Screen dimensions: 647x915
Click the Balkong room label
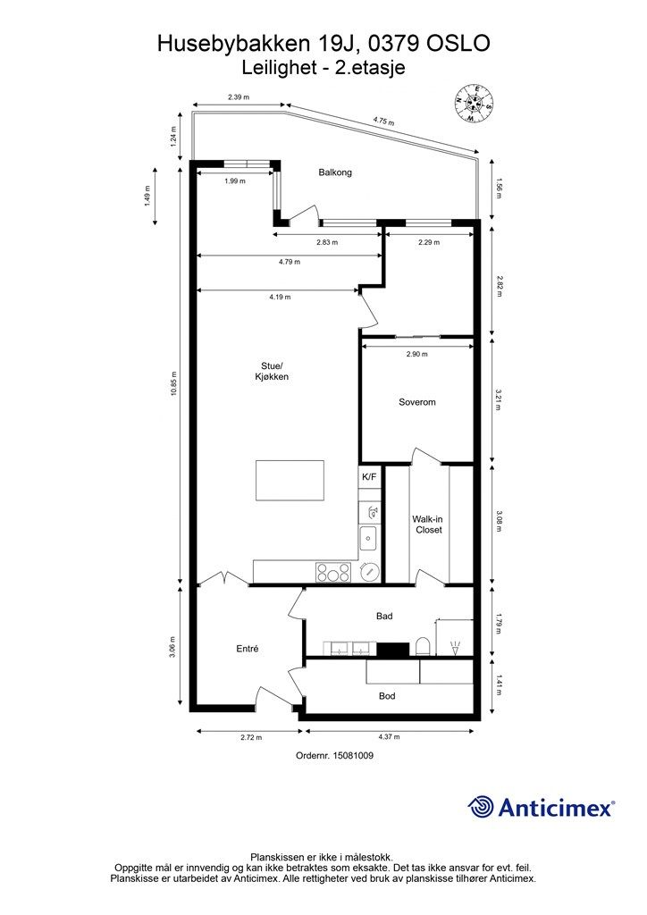coord(335,172)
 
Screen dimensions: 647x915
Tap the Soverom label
coord(417,402)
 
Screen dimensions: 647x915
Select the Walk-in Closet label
coord(429,525)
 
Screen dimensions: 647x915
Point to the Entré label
coord(248,649)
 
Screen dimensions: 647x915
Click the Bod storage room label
coord(387,695)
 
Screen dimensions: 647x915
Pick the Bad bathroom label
coord(384,616)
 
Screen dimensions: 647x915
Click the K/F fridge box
coord(370,477)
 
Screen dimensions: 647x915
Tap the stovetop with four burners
coord(333,572)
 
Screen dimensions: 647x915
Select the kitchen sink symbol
coord(369,537)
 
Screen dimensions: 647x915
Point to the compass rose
coord(475,104)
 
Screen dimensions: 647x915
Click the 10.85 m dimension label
coord(174,384)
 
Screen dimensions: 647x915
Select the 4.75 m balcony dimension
coord(383,122)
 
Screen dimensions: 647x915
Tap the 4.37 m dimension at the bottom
coord(389,737)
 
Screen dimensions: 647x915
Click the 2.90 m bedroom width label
coord(417,354)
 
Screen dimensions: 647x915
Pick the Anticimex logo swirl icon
coord(481,807)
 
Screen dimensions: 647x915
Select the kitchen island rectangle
coord(290,480)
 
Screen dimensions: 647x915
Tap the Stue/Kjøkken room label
coord(272,371)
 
